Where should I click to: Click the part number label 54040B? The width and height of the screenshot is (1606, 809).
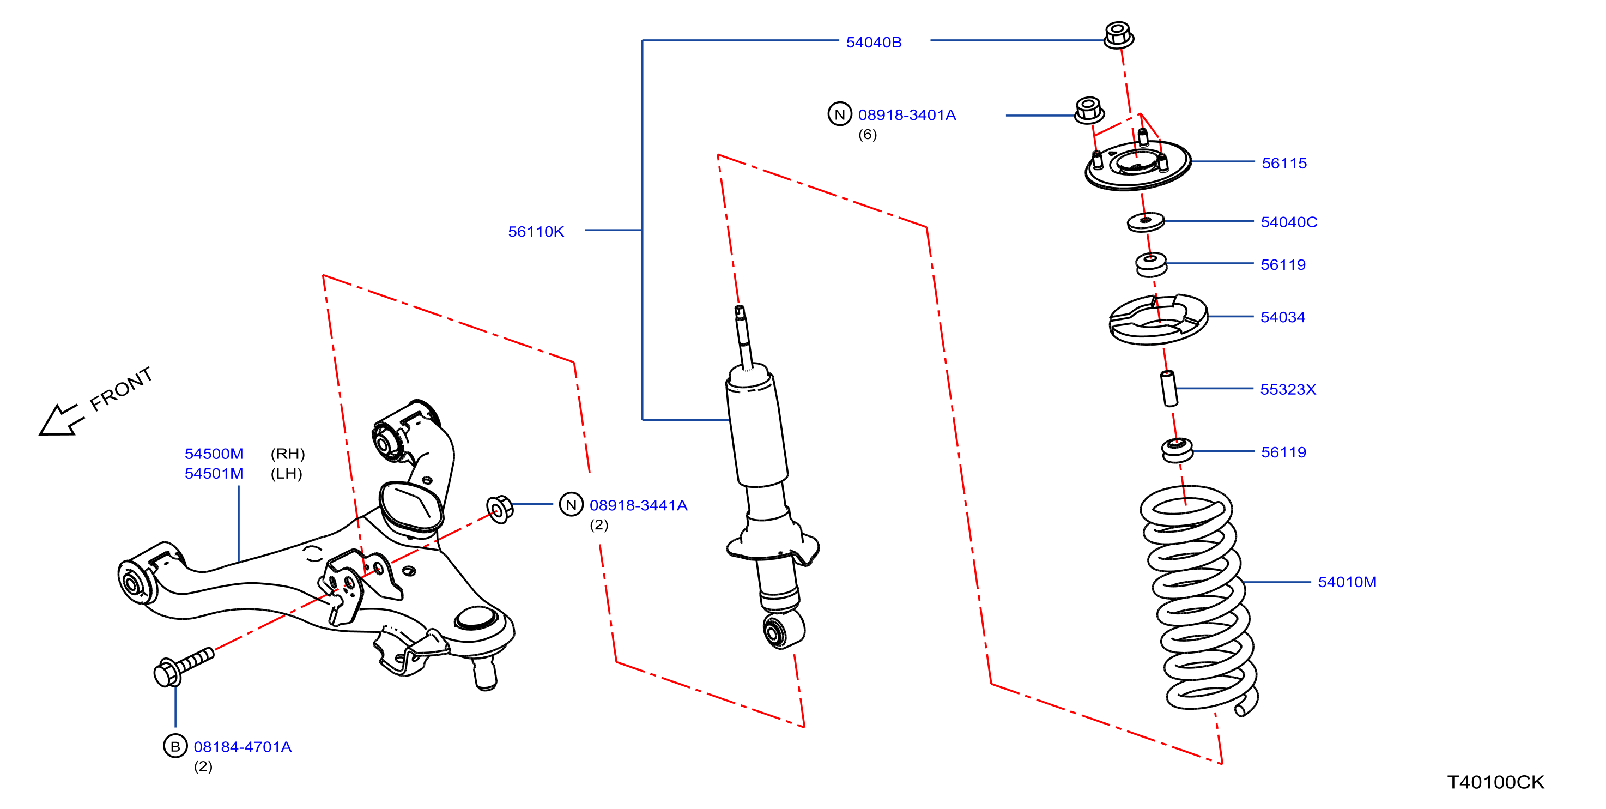(x=874, y=43)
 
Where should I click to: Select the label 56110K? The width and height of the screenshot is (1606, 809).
(x=536, y=231)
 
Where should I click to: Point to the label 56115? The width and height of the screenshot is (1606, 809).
(x=1284, y=164)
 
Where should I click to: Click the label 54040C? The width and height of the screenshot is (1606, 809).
(x=1289, y=222)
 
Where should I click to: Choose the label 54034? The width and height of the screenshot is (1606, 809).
(x=1282, y=317)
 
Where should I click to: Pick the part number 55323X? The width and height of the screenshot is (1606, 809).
(x=1288, y=389)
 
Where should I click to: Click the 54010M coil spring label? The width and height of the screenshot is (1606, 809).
(x=1347, y=582)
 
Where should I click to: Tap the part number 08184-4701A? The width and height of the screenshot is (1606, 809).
(x=243, y=747)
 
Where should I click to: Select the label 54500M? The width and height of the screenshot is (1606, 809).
(x=214, y=454)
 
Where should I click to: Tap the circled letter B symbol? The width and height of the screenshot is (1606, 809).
(x=175, y=746)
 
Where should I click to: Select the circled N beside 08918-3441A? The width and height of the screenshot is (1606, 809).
(x=571, y=505)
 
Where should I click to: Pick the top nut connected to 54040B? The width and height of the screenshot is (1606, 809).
(x=1118, y=35)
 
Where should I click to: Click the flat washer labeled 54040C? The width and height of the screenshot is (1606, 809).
(x=1146, y=221)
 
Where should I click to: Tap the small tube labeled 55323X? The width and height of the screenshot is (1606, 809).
(x=1168, y=389)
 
